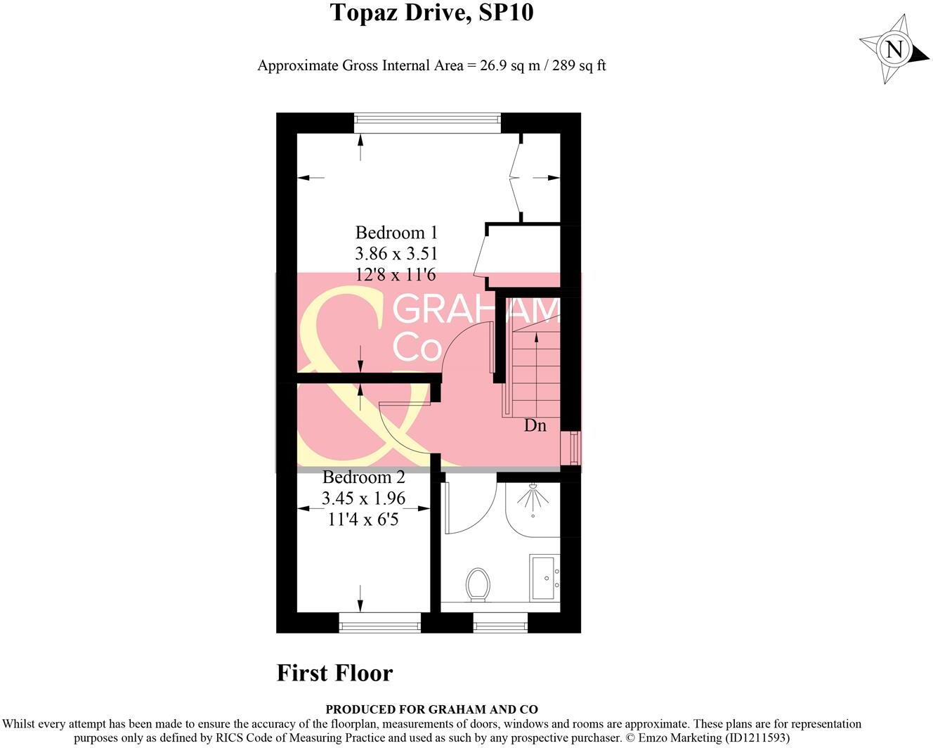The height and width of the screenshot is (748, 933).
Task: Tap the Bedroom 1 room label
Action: tap(396, 233)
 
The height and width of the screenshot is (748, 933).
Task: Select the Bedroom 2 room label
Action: tap(364, 477)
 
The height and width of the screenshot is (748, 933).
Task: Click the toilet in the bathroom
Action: tap(478, 584)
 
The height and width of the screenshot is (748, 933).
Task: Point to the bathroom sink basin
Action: tap(544, 577)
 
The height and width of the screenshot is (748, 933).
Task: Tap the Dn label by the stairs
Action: tap(535, 425)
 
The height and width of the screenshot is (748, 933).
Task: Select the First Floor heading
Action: tap(334, 673)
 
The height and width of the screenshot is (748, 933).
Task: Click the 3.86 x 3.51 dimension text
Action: tap(396, 253)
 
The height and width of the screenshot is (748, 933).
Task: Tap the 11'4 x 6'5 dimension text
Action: tap(363, 520)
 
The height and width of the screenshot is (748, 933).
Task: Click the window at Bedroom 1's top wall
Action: tap(427, 123)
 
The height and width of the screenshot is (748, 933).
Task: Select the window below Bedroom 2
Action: tap(379, 622)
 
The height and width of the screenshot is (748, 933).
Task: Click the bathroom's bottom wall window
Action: tap(500, 622)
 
